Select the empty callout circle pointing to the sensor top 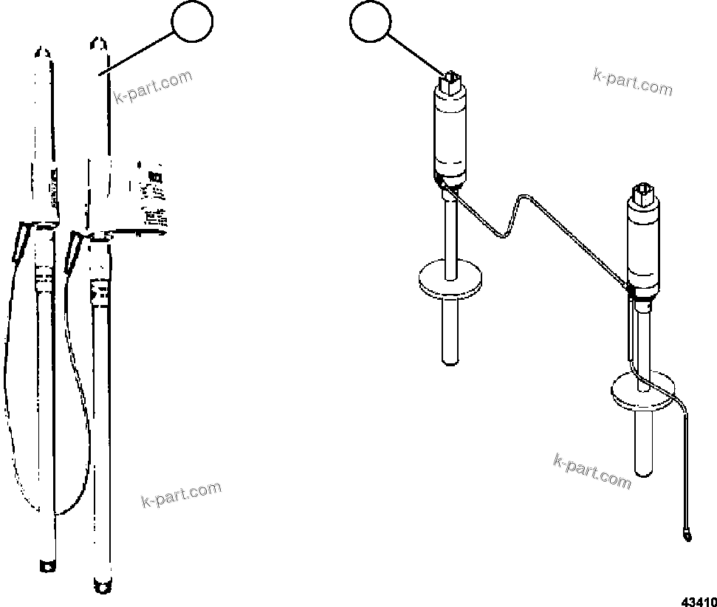pos(371,24)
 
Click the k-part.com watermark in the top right pos(632,81)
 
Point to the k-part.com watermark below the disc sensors pos(591,471)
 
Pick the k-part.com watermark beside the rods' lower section pos(180,495)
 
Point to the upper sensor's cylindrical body pos(450,137)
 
